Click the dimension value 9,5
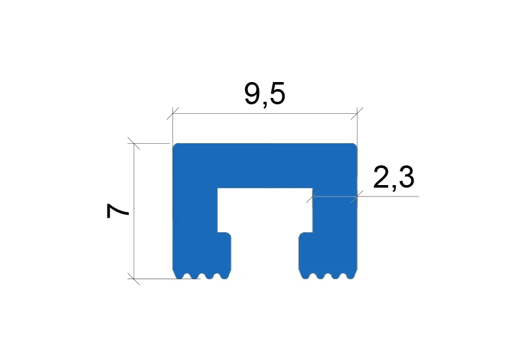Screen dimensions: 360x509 click(x=265, y=95)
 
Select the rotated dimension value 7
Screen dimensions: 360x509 click(x=119, y=211)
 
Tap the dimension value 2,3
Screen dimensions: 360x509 click(x=393, y=178)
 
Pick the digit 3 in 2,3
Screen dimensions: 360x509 click(x=405, y=178)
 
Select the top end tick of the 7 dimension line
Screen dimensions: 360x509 click(x=134, y=144)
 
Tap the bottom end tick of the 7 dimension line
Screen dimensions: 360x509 click(x=134, y=278)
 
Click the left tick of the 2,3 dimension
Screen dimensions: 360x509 click(x=312, y=197)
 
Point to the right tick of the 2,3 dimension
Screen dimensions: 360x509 click(x=356, y=197)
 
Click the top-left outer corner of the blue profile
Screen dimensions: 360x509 click(x=175, y=145)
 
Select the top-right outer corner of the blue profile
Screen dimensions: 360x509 click(x=354, y=145)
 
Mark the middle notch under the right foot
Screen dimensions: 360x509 click(x=328, y=276)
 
